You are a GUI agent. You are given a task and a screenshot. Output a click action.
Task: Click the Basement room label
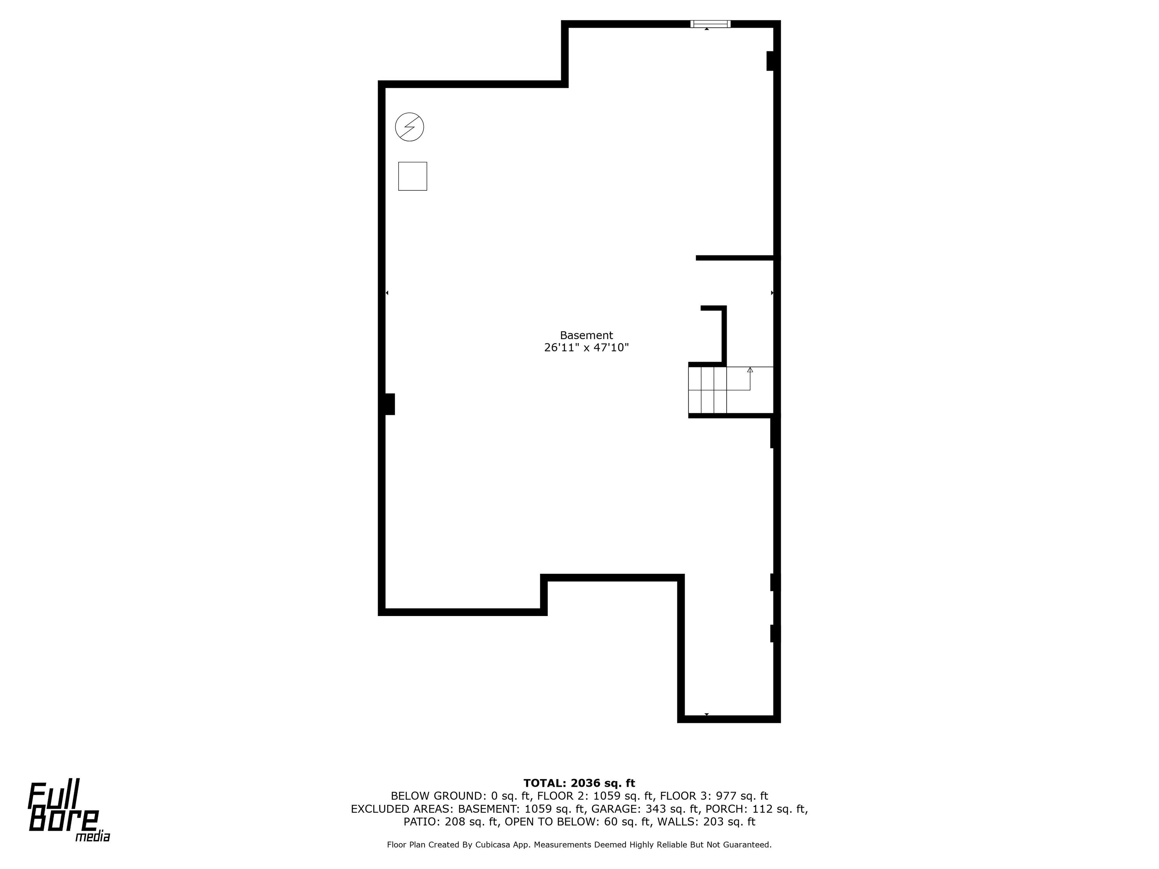click(x=586, y=335)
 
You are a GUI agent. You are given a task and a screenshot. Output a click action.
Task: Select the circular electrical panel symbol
click(x=409, y=127)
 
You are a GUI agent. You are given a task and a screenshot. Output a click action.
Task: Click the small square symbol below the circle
click(x=412, y=176)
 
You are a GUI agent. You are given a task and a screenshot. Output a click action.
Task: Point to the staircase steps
click(x=707, y=390)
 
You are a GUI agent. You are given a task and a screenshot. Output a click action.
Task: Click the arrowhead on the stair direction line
click(x=750, y=370)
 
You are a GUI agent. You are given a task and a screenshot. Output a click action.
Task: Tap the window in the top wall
click(x=710, y=24)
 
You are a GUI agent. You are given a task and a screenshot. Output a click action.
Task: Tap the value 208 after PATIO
click(x=455, y=822)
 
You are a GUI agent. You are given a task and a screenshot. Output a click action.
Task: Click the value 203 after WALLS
click(x=714, y=822)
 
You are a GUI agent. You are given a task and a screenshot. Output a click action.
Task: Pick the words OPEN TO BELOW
click(x=551, y=822)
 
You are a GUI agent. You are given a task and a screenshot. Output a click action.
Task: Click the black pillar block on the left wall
click(x=388, y=404)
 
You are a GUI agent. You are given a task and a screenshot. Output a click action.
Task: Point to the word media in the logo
click(x=93, y=837)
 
